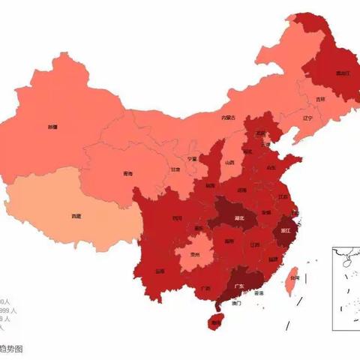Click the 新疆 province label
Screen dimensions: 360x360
(x=52, y=127)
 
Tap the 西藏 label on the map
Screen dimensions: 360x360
(x=76, y=216)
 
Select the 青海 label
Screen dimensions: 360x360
(x=128, y=174)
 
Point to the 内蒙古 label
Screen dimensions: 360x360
(x=228, y=117)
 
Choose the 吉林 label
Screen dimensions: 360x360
(x=320, y=99)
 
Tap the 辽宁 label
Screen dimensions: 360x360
(x=307, y=118)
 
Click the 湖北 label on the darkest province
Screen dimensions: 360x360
(x=240, y=217)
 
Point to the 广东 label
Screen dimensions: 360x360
(x=239, y=286)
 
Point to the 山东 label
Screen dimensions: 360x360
(x=271, y=168)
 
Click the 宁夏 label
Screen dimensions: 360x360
(x=193, y=159)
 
